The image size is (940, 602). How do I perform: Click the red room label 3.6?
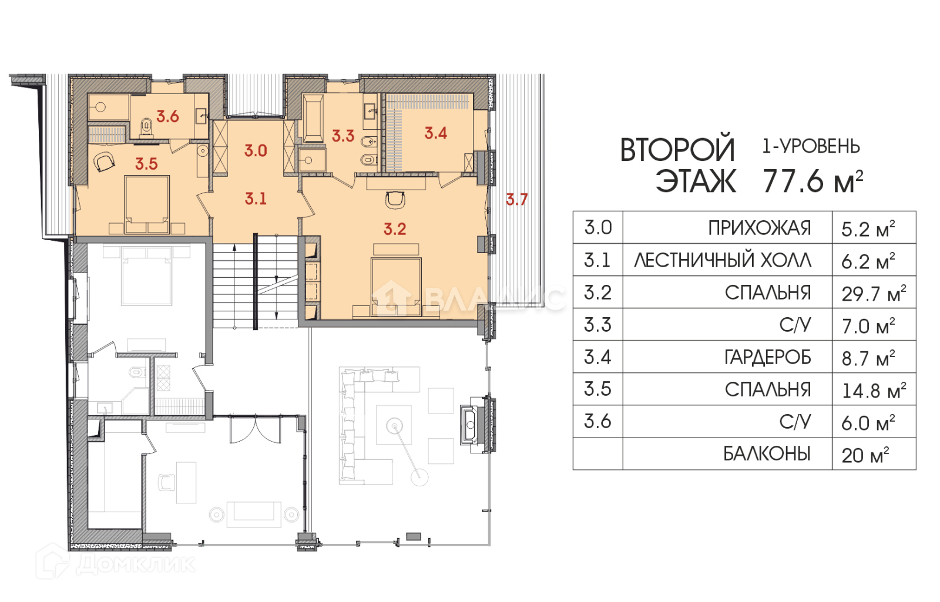tap(168, 116)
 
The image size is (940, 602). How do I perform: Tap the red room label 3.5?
tap(146, 164)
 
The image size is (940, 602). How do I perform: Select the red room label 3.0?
tap(256, 150)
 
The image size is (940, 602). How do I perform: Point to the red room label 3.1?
tap(256, 198)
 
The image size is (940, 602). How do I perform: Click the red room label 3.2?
tap(395, 228)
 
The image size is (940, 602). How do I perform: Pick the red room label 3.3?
tap(343, 136)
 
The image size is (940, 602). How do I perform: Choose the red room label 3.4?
tap(435, 133)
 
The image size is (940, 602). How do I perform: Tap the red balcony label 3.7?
tap(516, 199)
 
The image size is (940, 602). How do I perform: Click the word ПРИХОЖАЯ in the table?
tap(760, 228)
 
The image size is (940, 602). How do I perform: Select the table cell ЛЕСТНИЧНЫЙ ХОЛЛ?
tap(723, 261)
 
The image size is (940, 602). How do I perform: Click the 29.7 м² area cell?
tap(874, 293)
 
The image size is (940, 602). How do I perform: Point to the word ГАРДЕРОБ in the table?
tap(767, 358)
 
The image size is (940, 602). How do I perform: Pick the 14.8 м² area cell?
tap(874, 390)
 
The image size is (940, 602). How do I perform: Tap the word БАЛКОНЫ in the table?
tap(767, 454)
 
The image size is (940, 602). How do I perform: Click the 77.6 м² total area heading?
tap(813, 181)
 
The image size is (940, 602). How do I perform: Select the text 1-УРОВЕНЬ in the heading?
tap(811, 147)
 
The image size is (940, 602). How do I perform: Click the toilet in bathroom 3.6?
tap(146, 127)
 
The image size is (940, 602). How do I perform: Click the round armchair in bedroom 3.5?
tap(103, 161)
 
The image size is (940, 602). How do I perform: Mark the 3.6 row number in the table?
tap(598, 421)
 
